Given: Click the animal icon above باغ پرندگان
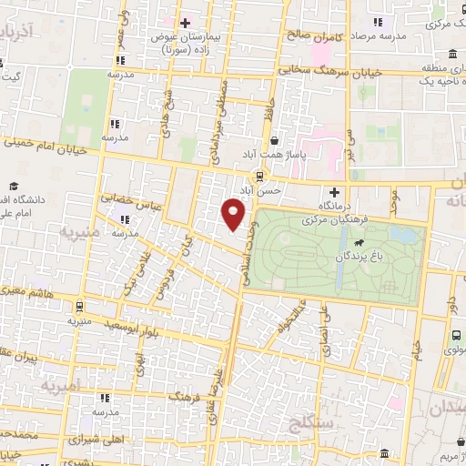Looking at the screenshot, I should point(361,243).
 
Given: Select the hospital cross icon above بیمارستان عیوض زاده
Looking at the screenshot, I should point(185,23).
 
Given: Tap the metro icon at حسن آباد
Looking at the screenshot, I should point(261,176).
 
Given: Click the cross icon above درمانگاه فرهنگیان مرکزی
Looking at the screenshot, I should point(335,193).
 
